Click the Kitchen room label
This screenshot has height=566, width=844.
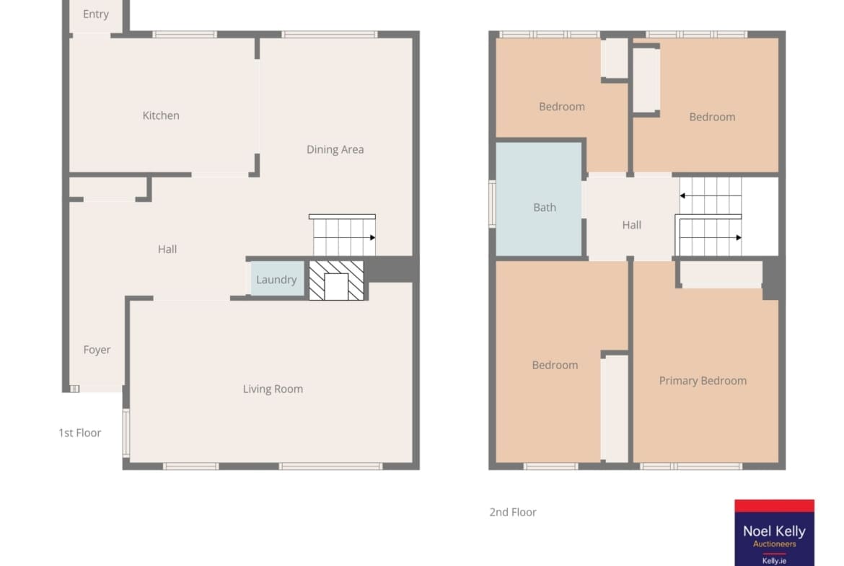tap(160, 115)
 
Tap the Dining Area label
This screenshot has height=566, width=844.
tap(335, 149)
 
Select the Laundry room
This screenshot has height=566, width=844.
tap(277, 278)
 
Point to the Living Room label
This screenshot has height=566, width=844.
tap(273, 389)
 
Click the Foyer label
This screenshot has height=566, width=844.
tap(97, 350)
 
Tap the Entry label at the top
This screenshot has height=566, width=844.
tap(96, 14)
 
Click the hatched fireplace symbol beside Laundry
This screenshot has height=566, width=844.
tap(336, 280)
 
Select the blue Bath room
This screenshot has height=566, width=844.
tap(538, 199)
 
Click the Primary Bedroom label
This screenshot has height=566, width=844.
tap(703, 381)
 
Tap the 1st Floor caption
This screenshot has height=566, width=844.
tap(79, 433)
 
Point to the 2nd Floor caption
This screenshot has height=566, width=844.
tap(512, 512)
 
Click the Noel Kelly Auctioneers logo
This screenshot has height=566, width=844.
tap(774, 532)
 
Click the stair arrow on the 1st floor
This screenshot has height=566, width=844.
tap(345, 237)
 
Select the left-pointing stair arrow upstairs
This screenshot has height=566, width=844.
tap(711, 196)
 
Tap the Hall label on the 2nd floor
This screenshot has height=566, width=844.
tap(631, 225)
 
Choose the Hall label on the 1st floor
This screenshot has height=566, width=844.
tap(167, 249)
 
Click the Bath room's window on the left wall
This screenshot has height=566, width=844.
tap(492, 204)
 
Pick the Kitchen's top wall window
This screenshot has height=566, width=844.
tap(185, 35)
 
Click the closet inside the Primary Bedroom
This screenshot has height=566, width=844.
tap(721, 275)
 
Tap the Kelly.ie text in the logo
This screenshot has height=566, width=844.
tap(774, 561)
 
